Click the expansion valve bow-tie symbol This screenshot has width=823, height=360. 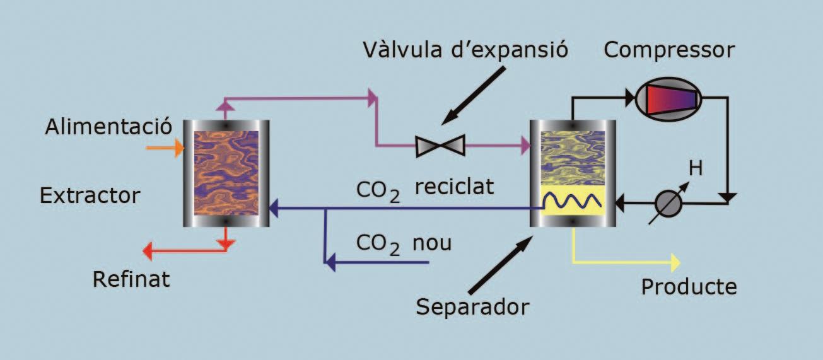[440, 146]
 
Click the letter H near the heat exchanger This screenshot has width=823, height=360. [696, 168]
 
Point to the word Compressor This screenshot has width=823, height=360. [669, 50]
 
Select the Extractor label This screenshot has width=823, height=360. [89, 195]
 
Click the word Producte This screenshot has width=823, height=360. [689, 287]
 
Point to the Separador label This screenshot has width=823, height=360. [472, 308]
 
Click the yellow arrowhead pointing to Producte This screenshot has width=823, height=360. [675, 261]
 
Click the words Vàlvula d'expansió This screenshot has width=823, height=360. [465, 50]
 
